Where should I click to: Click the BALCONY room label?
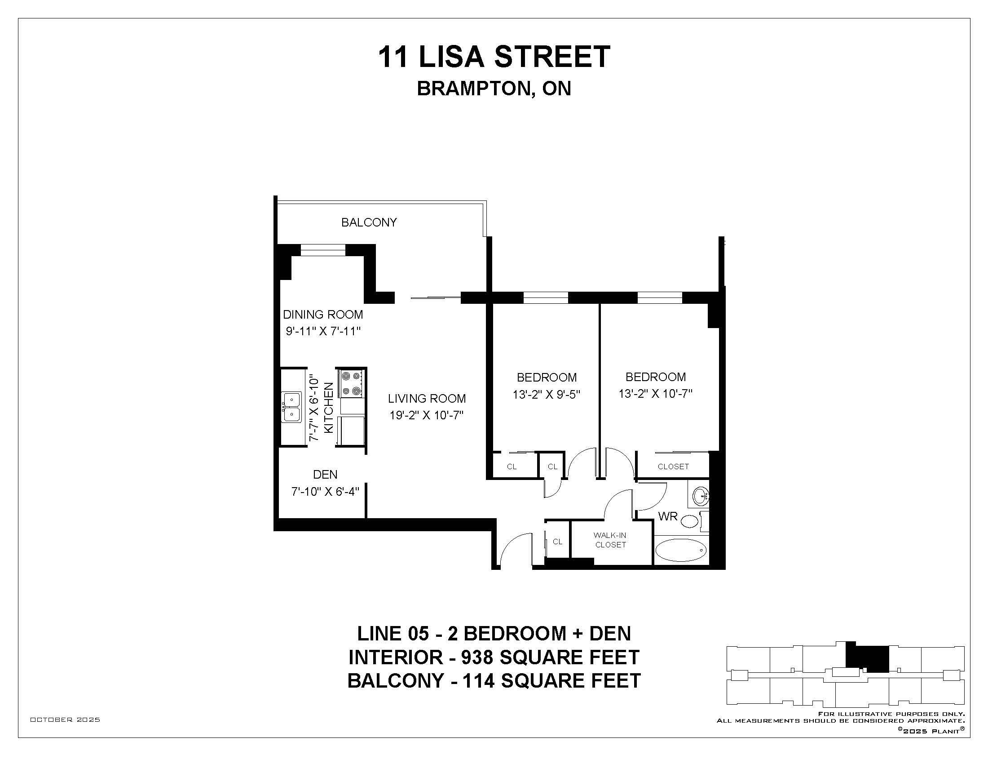pyautogui.click(x=369, y=222)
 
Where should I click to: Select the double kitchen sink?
pyautogui.click(x=292, y=407)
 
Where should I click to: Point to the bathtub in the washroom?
pyautogui.click(x=680, y=550)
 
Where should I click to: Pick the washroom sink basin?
pyautogui.click(x=700, y=497)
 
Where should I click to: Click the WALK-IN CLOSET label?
pyautogui.click(x=610, y=540)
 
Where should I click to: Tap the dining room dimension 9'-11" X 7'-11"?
pyautogui.click(x=323, y=331)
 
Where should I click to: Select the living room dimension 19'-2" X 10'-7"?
pyautogui.click(x=427, y=415)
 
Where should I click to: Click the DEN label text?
pyautogui.click(x=325, y=474)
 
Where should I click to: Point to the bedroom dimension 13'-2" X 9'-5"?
pyautogui.click(x=546, y=394)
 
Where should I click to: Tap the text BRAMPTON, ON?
pyautogui.click(x=494, y=89)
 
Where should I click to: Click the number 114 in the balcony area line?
pyautogui.click(x=478, y=680)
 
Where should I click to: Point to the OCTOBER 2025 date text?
pyautogui.click(x=65, y=720)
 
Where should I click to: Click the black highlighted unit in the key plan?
pyautogui.click(x=867, y=657)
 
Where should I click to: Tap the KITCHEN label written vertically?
pyautogui.click(x=329, y=407)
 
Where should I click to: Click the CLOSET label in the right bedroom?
pyautogui.click(x=673, y=466)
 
